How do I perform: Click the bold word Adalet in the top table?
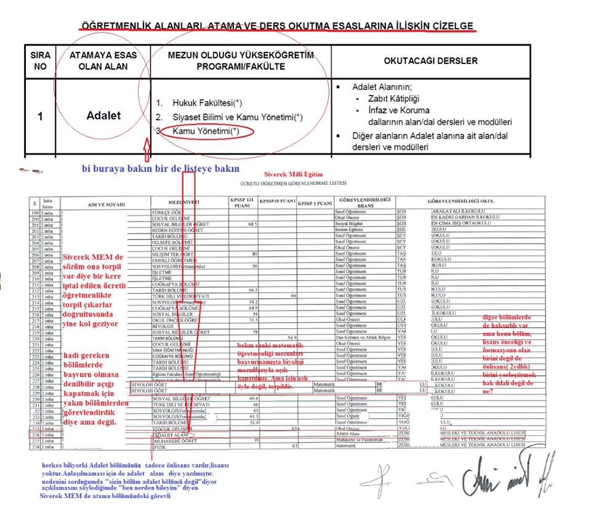103,116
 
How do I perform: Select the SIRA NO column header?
40,60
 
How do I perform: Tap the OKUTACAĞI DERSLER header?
430,61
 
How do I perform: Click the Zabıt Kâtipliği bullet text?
393,99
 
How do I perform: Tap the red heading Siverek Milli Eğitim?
294,175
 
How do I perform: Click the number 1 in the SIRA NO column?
40,116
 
